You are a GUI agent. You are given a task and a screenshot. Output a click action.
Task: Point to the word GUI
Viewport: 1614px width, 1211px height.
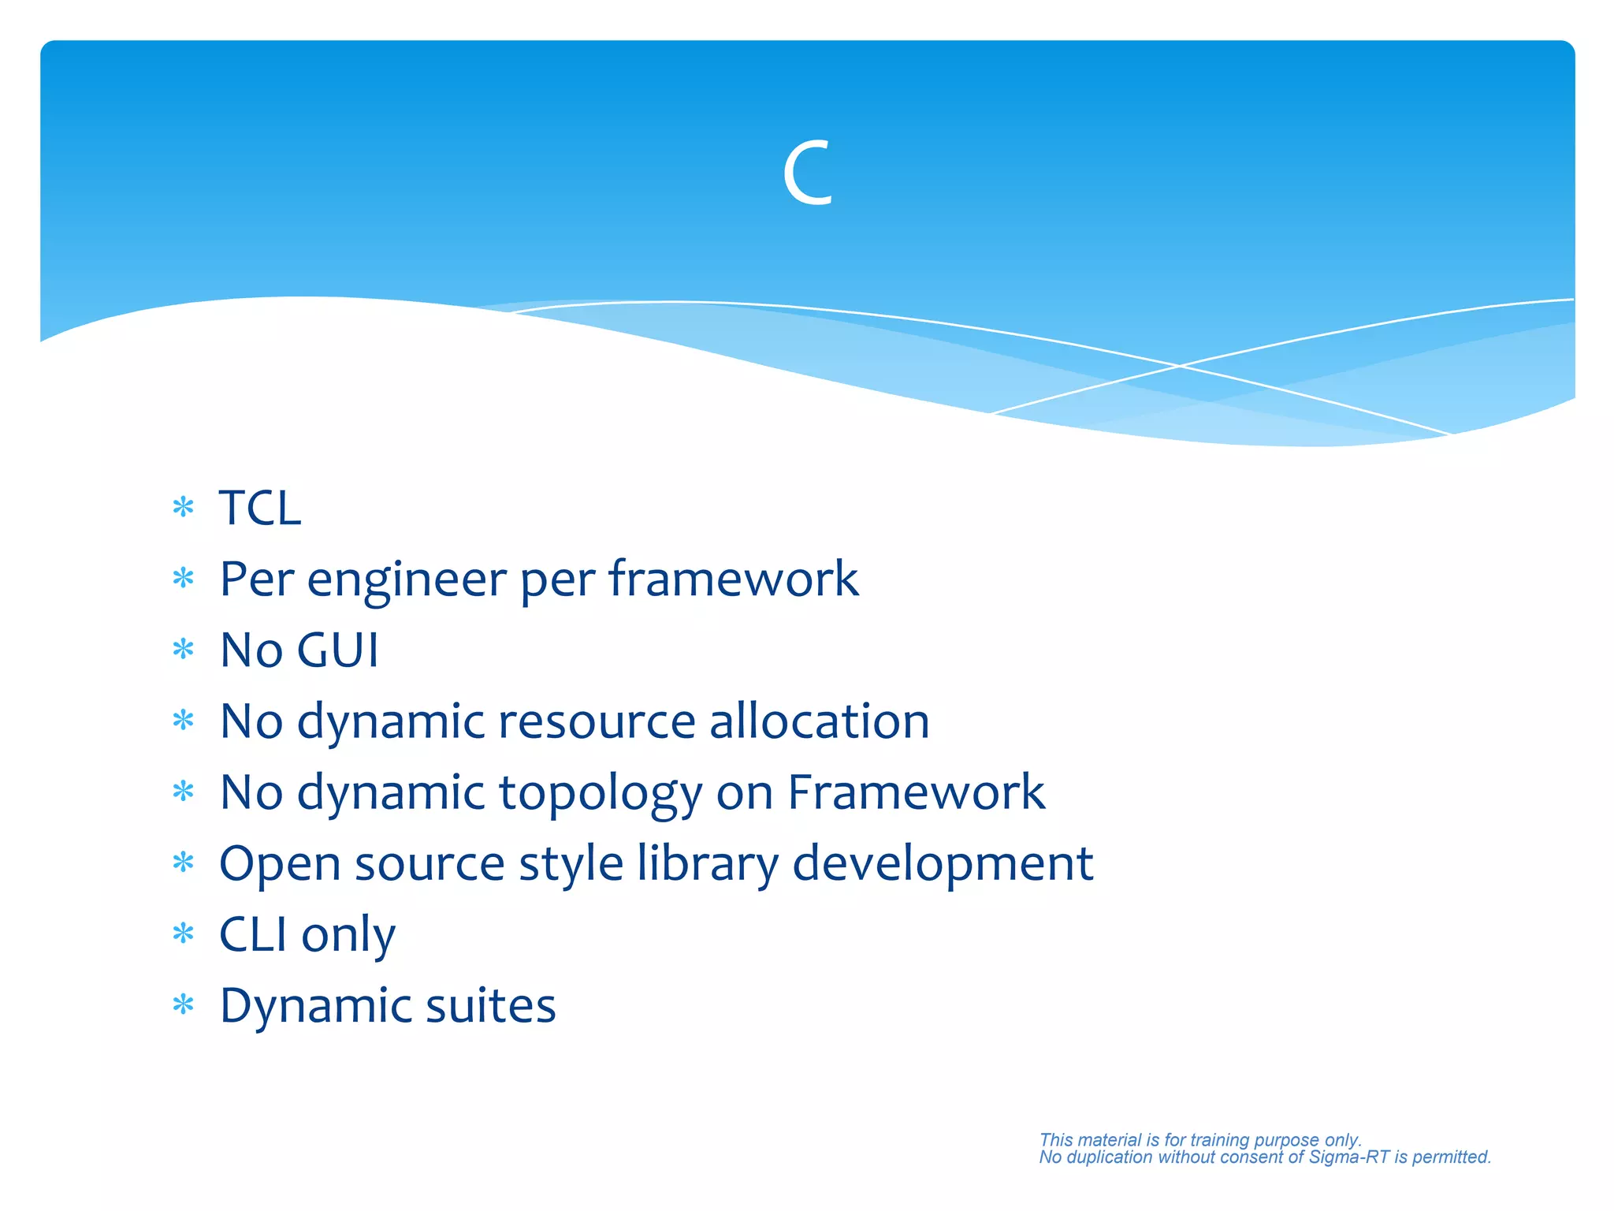(338, 650)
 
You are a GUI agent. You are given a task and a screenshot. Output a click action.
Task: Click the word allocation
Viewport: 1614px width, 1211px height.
(819, 721)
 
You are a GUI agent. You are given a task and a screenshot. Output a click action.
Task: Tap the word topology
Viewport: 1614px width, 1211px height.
(600, 793)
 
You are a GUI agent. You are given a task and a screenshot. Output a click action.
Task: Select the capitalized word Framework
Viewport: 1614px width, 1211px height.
(916, 792)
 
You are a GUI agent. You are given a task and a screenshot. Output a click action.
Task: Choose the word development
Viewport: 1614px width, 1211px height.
(942, 864)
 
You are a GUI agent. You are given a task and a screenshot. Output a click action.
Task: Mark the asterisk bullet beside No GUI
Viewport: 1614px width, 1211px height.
(183, 650)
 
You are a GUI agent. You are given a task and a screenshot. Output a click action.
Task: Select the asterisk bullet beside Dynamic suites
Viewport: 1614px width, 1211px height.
(183, 1004)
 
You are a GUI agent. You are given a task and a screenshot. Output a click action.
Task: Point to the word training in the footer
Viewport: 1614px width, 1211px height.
(1219, 1139)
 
